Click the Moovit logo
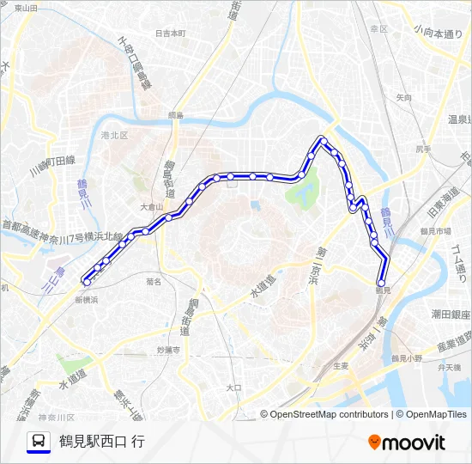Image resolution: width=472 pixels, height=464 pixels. coord(407,442)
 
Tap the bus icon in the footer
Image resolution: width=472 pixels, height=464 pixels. coord(39,442)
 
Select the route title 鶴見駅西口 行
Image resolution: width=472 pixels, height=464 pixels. coord(102,442)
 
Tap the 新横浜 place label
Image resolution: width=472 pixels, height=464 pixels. coord(87,300)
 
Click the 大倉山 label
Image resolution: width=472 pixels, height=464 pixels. coord(150,206)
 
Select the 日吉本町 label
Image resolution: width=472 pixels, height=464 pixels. coord(171,34)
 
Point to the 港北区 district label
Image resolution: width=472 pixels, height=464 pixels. coord(113,135)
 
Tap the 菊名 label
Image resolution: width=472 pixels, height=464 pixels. coord(154,280)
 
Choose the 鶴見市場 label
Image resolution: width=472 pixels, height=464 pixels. coord(435,232)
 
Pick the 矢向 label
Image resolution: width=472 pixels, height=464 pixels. coord(403,98)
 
